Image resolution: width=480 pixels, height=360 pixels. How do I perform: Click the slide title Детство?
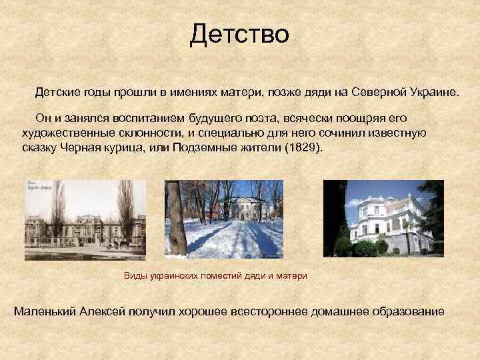pyautogui.click(x=239, y=33)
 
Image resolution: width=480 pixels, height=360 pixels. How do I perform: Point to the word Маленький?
pyautogui.click(x=44, y=312)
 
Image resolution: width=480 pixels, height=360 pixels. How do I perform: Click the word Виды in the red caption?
pyautogui.click(x=135, y=275)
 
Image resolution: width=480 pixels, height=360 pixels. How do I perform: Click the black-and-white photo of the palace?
pyautogui.click(x=85, y=219)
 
